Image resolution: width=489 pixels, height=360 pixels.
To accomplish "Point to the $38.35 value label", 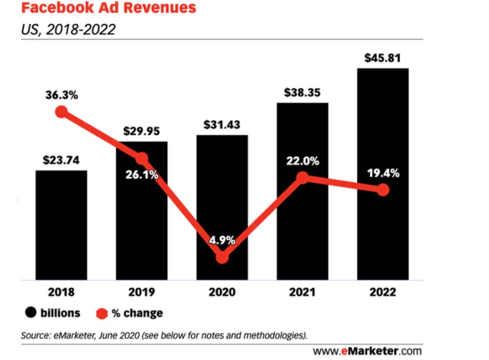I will coord(302,92).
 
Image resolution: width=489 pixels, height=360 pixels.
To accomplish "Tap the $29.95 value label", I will coord(142,131).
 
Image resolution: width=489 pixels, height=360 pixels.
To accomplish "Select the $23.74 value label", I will coord(61,160).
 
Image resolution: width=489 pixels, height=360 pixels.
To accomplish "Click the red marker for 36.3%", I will coord(62,112).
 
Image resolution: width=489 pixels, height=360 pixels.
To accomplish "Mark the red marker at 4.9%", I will coord(222,258).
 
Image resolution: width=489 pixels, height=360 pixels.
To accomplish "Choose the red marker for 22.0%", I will coord(302,177).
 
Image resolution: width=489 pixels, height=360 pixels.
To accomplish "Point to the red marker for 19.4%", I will coord(383,190).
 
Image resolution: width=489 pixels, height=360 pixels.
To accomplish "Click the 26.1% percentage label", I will coord(142,176).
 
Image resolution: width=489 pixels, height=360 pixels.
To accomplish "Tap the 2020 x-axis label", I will coord(222,292).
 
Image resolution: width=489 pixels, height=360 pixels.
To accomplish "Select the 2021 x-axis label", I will coord(302,292).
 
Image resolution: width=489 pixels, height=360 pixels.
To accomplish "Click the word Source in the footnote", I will coord(34,336).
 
